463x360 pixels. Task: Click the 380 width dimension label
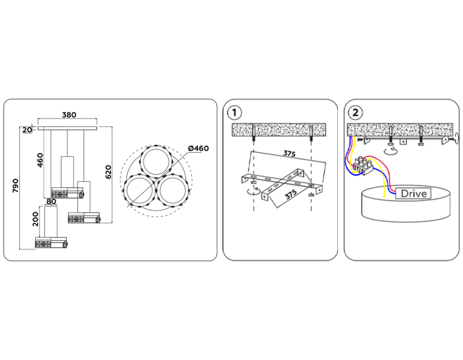click(68, 114)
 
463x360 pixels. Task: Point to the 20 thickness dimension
click(26, 130)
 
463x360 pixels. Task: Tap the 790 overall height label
click(15, 186)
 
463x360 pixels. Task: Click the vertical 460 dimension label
click(40, 160)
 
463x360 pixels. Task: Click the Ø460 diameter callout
click(198, 148)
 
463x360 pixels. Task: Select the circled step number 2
click(356, 111)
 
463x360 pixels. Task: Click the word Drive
click(413, 193)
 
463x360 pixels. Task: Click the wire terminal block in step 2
click(365, 165)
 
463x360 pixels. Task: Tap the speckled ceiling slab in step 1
click(278, 130)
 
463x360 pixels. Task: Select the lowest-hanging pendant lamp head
click(52, 244)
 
